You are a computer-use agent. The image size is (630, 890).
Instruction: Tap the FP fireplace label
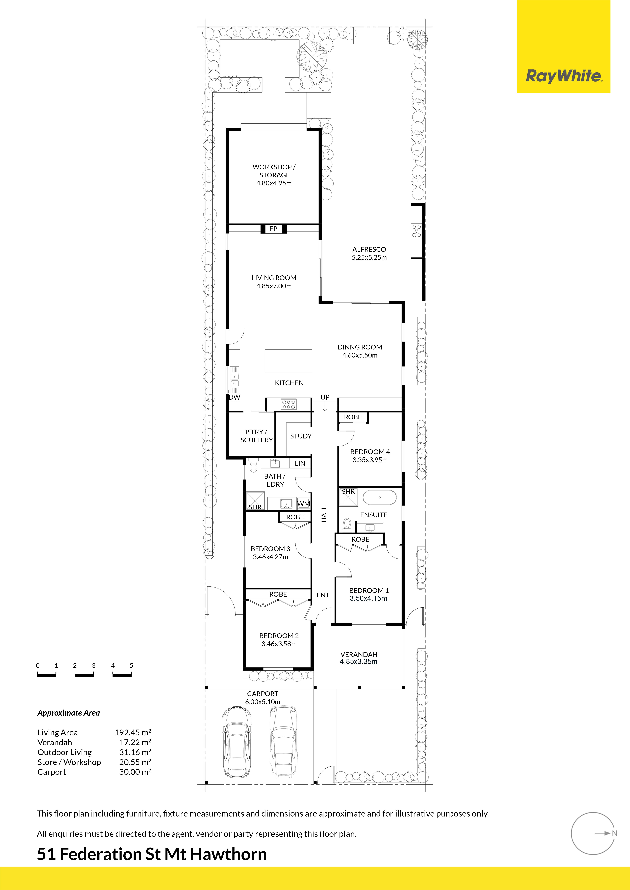273,229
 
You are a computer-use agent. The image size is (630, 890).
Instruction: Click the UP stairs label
325,397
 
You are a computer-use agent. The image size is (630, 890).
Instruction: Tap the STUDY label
301,436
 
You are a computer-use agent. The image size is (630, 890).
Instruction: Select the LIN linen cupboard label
300,463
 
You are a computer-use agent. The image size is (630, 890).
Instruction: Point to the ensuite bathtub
379,497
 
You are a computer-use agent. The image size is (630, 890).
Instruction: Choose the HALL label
324,514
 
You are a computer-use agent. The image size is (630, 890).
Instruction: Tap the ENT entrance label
323,595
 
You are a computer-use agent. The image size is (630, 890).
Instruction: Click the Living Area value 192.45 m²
133,732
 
